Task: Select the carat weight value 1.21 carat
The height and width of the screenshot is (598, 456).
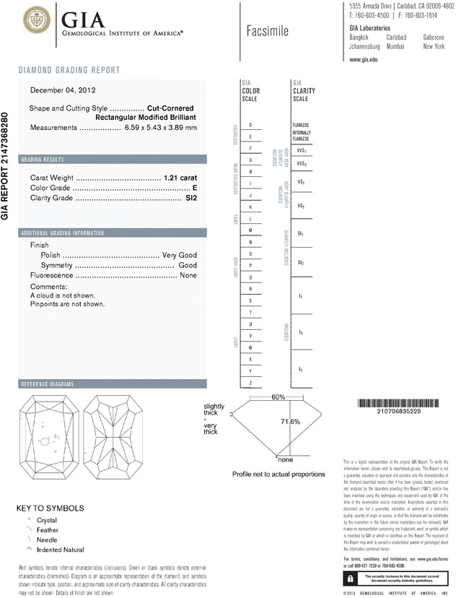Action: tap(180, 177)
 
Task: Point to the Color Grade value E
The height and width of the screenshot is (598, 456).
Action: tap(195, 187)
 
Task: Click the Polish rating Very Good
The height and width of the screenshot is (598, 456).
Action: tap(180, 256)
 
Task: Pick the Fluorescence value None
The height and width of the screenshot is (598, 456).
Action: tap(188, 276)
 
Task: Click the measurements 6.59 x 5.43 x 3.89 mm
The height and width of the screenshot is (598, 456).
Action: tap(160, 128)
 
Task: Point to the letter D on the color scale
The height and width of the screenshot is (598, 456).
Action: tap(250, 125)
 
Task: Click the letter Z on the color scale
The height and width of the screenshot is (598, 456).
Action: tap(250, 381)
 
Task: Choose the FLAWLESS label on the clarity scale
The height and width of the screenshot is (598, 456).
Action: tap(301, 125)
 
